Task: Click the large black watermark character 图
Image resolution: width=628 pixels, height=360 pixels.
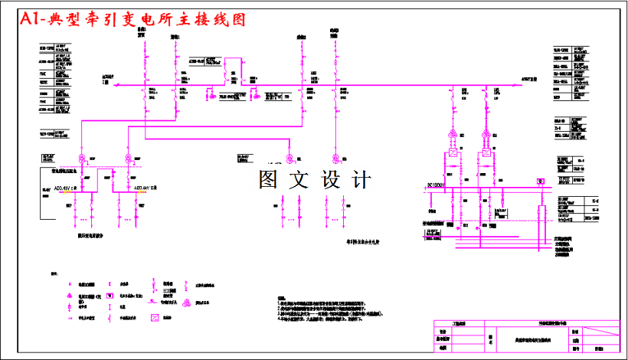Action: coord(272,179)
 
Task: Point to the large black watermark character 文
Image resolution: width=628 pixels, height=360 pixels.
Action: coord(300,179)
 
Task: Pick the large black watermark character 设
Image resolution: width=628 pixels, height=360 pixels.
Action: coord(330,179)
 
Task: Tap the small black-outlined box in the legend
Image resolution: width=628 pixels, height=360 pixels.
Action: coord(110,294)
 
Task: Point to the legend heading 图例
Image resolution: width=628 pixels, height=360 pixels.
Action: coord(54,272)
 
